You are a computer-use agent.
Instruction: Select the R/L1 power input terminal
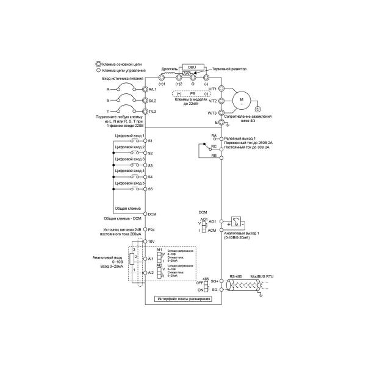[145, 89]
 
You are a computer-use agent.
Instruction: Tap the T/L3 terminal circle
[145, 112]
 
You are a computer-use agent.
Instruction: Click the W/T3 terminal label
[212, 113]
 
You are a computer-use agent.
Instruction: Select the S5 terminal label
[150, 189]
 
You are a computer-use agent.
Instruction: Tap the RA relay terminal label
[213, 135]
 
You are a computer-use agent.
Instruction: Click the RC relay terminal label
[213, 147]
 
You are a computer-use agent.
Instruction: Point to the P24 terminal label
[152, 229]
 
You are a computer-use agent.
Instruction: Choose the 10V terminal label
[152, 242]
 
